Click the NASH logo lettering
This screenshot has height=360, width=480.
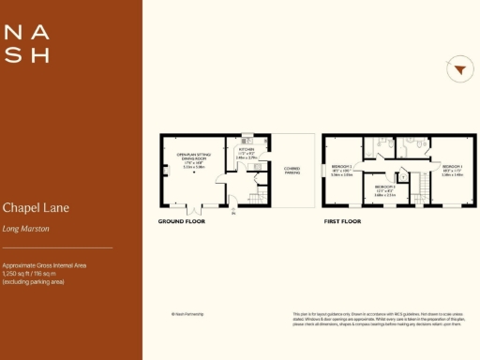click(26, 43)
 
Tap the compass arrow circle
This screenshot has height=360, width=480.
click(458, 69)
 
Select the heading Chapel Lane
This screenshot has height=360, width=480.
click(36, 207)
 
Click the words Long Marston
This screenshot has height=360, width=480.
click(25, 228)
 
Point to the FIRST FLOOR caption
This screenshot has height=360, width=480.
click(343, 222)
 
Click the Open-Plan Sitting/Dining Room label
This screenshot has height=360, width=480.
click(190, 158)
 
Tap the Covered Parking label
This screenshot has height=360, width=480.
click(292, 170)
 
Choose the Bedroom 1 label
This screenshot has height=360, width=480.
click(451, 169)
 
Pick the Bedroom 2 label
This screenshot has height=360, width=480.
click(341, 169)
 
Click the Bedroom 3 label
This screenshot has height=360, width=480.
click(384, 188)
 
